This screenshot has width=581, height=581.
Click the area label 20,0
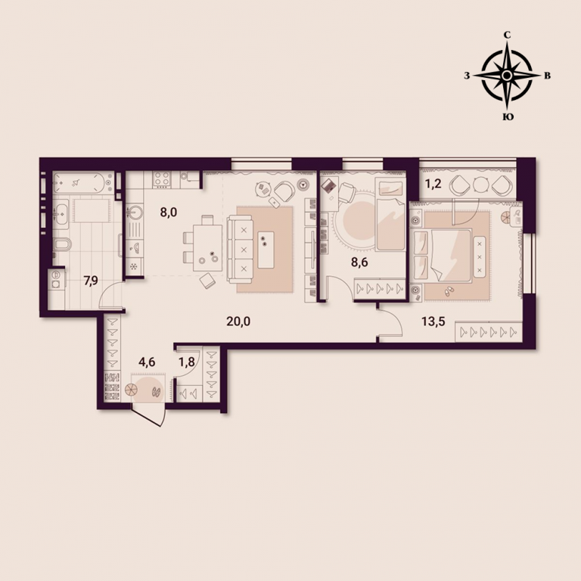pos(238,322)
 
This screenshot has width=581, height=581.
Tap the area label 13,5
pos(433,322)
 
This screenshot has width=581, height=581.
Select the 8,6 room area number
pos(359,263)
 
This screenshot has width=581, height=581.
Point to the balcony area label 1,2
pos(433,184)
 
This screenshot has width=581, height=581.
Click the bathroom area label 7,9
pos(91,281)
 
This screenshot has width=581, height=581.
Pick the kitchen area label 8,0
pos(169,213)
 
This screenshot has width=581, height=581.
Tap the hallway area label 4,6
pos(147,362)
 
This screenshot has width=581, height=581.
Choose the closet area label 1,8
pos(187,362)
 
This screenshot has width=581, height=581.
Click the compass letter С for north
pos(507,36)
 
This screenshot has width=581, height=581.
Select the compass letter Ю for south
pos(508,117)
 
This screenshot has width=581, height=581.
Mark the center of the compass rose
pos(507,76)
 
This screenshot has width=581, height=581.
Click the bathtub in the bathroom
pos(83,182)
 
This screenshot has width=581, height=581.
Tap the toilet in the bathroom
pos(62,244)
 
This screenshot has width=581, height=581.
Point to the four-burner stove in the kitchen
pos(162,179)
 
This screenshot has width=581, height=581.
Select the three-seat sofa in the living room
pos(240,250)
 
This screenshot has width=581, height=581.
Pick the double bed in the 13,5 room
pos(443,255)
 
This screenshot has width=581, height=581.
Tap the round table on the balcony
pos(481,185)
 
